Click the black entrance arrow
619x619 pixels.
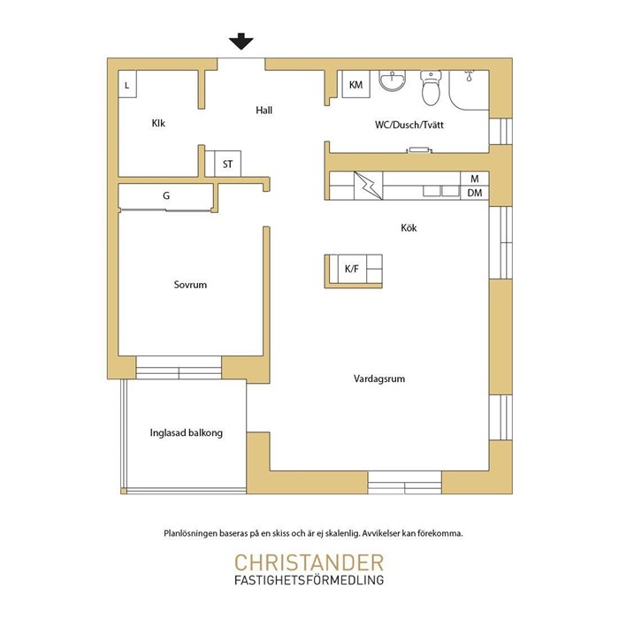click(x=241, y=42)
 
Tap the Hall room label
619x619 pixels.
click(x=264, y=111)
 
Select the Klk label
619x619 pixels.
click(x=158, y=123)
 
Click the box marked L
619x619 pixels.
click(x=127, y=84)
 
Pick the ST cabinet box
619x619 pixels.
click(x=227, y=164)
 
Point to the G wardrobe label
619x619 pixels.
click(x=166, y=195)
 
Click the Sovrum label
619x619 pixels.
click(x=190, y=285)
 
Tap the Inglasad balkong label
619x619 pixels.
click(x=187, y=432)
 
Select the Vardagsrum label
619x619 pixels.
click(x=379, y=379)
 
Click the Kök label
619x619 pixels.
click(x=409, y=228)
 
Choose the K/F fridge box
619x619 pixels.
click(x=352, y=269)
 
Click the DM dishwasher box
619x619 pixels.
click(x=475, y=193)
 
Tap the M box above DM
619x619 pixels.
click(x=475, y=179)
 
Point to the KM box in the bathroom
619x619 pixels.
click(x=355, y=84)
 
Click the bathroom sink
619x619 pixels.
click(x=392, y=80)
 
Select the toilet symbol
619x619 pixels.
click(x=431, y=88)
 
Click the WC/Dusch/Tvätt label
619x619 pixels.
click(x=409, y=126)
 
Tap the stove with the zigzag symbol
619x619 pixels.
click(x=369, y=186)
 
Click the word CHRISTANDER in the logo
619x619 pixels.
click(x=309, y=562)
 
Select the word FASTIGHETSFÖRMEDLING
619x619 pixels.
click(x=309, y=580)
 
